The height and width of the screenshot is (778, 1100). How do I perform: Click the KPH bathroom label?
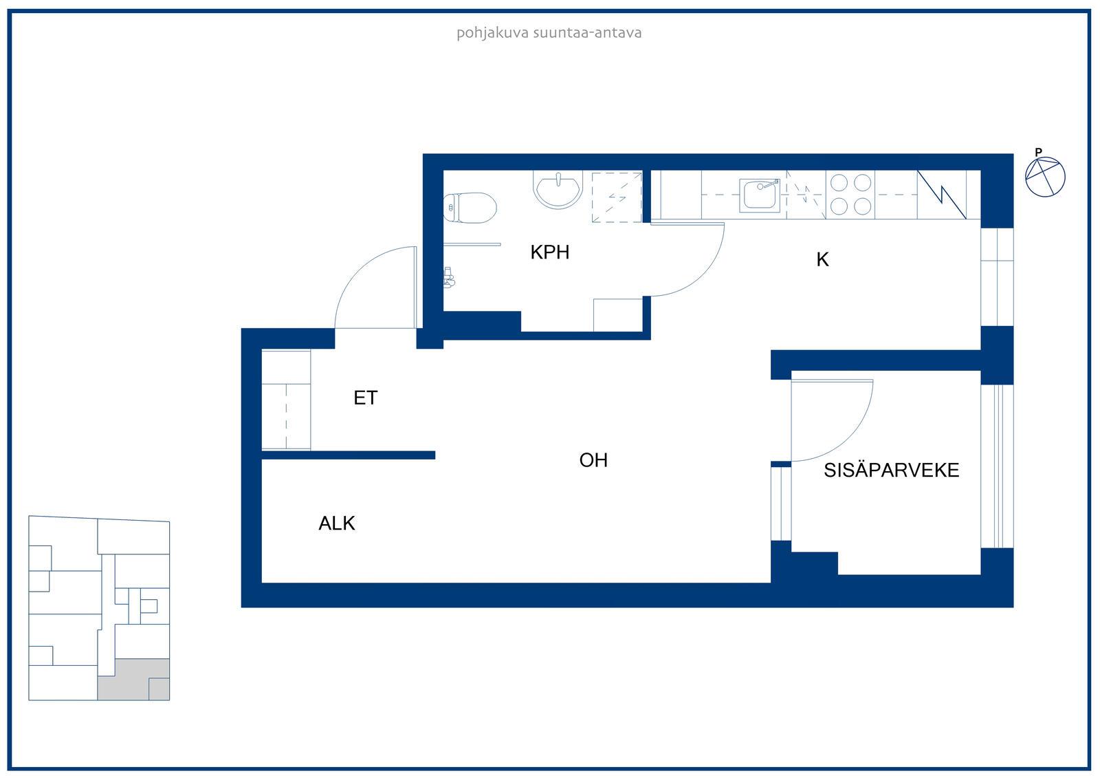[x=549, y=252]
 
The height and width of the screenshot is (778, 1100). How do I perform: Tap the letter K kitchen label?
[x=822, y=259]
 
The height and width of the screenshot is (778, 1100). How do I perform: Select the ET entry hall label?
[x=365, y=398]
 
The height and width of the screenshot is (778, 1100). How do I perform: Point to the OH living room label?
[x=593, y=460]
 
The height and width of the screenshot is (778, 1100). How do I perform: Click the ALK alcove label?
[x=336, y=523]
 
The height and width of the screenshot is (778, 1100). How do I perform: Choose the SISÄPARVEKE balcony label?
[x=891, y=471]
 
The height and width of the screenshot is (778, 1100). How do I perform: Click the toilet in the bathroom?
[x=470, y=208]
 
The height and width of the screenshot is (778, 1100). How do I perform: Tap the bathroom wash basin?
[x=558, y=190]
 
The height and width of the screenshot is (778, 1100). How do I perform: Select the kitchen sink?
[x=760, y=195]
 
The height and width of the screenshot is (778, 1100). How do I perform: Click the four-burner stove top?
[x=850, y=195]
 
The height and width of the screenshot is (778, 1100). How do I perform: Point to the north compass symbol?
[x=1045, y=177]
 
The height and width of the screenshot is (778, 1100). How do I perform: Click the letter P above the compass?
[x=1038, y=152]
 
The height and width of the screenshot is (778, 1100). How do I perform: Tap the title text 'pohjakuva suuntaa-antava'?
[x=549, y=33]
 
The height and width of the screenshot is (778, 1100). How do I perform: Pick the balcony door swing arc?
[x=850, y=438]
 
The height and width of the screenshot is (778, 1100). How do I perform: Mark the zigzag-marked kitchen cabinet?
[x=941, y=195]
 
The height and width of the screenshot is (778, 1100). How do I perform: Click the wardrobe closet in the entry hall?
[x=286, y=400]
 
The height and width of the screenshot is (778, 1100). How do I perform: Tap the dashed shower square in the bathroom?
[x=617, y=197]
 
